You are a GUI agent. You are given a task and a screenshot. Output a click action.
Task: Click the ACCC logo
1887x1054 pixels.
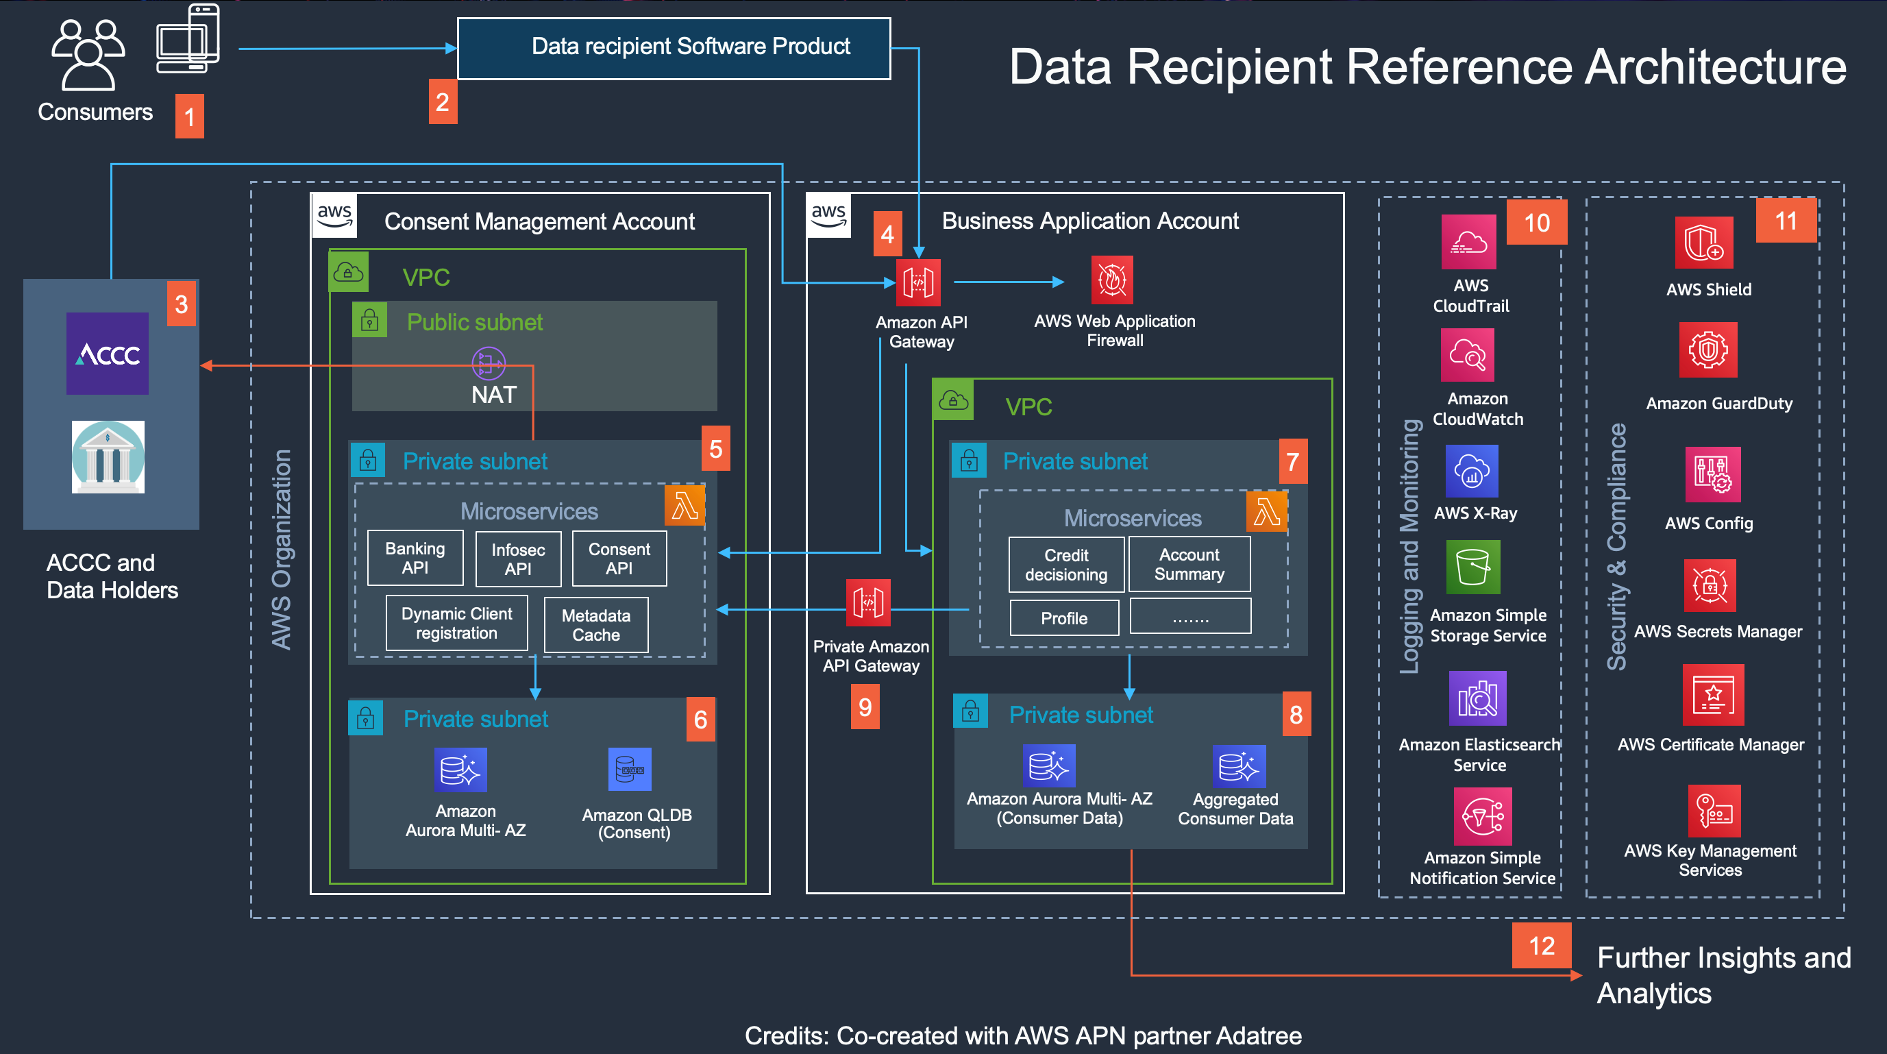tap(108, 354)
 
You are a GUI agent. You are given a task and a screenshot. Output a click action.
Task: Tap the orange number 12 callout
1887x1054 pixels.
tap(1541, 946)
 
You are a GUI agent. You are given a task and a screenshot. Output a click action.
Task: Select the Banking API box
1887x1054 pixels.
tap(415, 558)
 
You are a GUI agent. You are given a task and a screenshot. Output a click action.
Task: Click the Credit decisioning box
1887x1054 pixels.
tap(1066, 565)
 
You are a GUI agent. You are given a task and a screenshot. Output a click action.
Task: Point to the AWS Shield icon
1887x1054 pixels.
tap(1704, 243)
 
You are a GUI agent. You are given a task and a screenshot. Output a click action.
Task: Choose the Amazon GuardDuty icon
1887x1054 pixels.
tap(1707, 350)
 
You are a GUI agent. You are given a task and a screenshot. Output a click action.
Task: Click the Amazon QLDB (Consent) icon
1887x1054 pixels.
tap(629, 769)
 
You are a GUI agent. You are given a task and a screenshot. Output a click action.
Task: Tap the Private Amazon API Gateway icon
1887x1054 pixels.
tap(868, 603)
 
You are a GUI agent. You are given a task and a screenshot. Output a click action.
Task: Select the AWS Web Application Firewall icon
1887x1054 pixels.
tap(1112, 280)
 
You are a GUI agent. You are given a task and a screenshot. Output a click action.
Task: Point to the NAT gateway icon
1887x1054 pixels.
tap(489, 363)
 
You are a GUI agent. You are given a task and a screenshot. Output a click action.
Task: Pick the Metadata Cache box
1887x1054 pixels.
tap(595, 625)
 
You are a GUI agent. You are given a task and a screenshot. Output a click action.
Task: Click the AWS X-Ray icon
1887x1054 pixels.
tap(1471, 471)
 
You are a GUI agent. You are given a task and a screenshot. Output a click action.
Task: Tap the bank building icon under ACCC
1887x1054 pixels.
tap(108, 457)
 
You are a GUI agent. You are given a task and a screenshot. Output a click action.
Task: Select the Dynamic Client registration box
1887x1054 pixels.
tap(456, 624)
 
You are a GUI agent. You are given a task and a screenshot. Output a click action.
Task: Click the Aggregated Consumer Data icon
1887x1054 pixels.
tap(1239, 766)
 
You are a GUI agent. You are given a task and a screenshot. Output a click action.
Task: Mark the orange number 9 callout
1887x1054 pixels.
tap(865, 707)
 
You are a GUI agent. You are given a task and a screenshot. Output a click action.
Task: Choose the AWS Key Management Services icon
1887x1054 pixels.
tap(1714, 811)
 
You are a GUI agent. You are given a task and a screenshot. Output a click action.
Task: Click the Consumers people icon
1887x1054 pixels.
tap(88, 55)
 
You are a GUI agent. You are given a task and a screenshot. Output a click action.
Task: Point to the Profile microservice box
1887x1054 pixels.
tap(1064, 618)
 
